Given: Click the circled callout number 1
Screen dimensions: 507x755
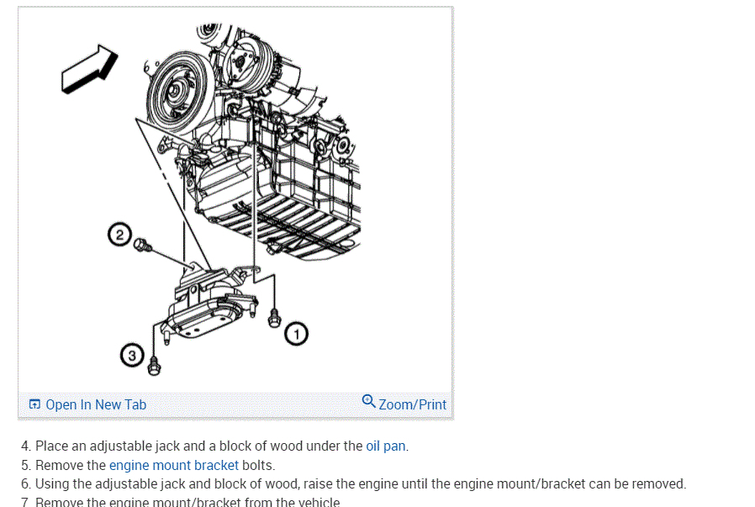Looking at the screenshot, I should [296, 335].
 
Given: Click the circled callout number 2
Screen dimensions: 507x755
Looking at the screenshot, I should [120, 235].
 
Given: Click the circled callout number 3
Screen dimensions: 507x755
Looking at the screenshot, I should [132, 356].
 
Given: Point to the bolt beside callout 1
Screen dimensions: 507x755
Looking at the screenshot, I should [273, 317].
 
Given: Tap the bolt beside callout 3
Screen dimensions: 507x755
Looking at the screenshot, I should [154, 365].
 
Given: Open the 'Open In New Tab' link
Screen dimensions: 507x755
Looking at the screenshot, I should [95, 404].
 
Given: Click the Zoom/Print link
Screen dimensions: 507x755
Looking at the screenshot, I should [412, 404].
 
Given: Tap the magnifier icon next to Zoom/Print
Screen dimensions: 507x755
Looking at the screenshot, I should [369, 402].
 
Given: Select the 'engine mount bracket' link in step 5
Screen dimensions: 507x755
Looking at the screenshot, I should [174, 465].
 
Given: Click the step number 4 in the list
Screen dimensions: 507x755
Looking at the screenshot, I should [25, 446].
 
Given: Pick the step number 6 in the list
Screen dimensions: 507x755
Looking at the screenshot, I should [25, 483].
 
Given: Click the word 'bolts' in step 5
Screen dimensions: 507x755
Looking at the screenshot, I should [258, 465].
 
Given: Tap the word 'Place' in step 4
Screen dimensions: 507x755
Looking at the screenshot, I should [51, 446].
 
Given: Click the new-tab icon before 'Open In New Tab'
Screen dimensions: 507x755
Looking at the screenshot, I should [34, 404].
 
